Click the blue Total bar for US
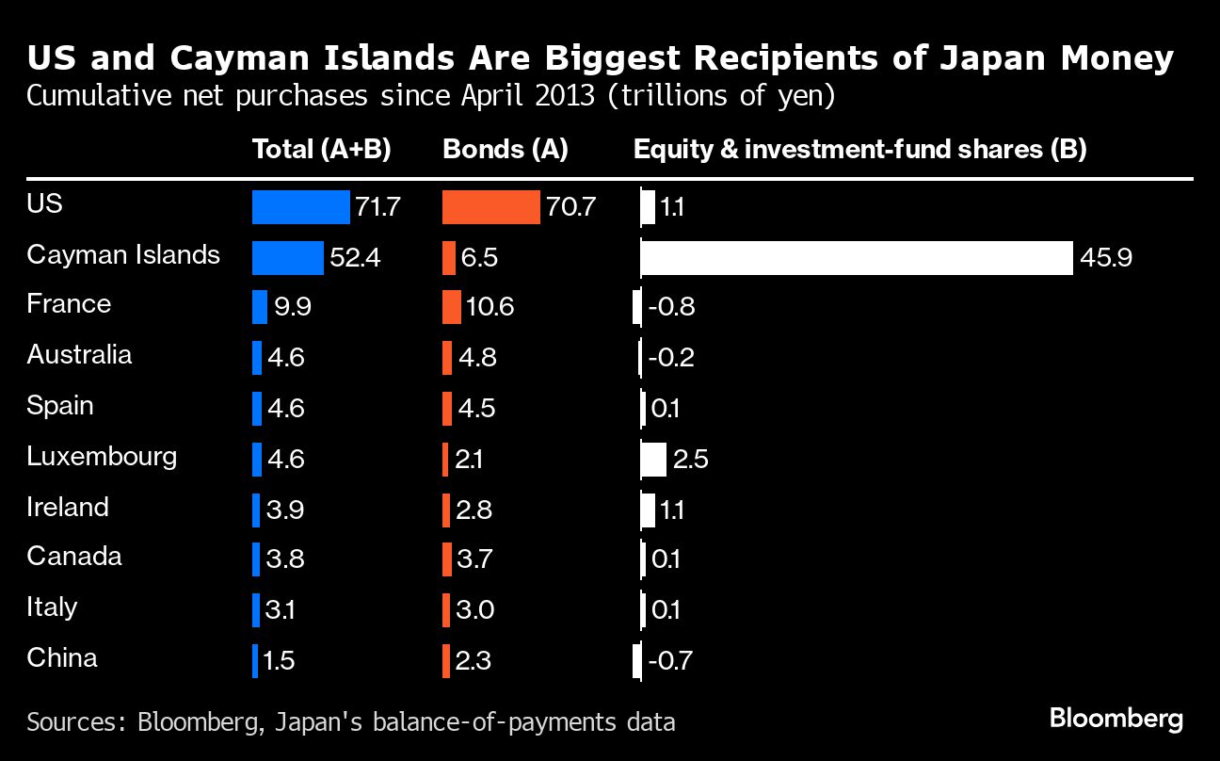coord(300,207)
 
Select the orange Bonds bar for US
coord(490,207)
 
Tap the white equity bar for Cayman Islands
coord(856,257)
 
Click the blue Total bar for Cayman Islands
coord(287,257)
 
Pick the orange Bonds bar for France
coord(452,308)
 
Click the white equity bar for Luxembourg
coord(653,460)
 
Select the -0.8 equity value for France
coord(671,308)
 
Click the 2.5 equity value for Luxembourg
coord(690,460)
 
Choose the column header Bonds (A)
coord(505,150)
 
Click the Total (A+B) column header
coord(321,150)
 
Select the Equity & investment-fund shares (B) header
coord(859,150)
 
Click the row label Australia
coord(79,355)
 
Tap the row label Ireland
coord(68,507)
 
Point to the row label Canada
coord(74,557)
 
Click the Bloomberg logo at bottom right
coord(1116,720)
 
